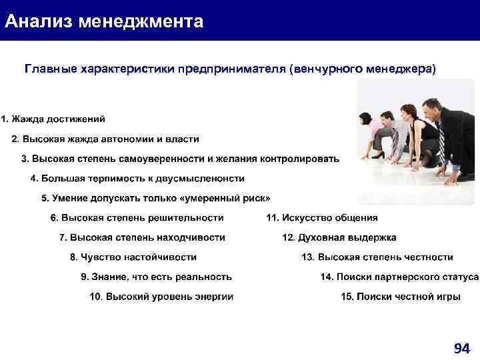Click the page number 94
point(461,348)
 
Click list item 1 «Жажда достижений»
point(57,119)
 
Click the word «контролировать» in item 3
point(304,159)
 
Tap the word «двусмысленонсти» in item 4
point(207,179)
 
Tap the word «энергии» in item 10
point(215,297)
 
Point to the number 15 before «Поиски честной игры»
point(347,297)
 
